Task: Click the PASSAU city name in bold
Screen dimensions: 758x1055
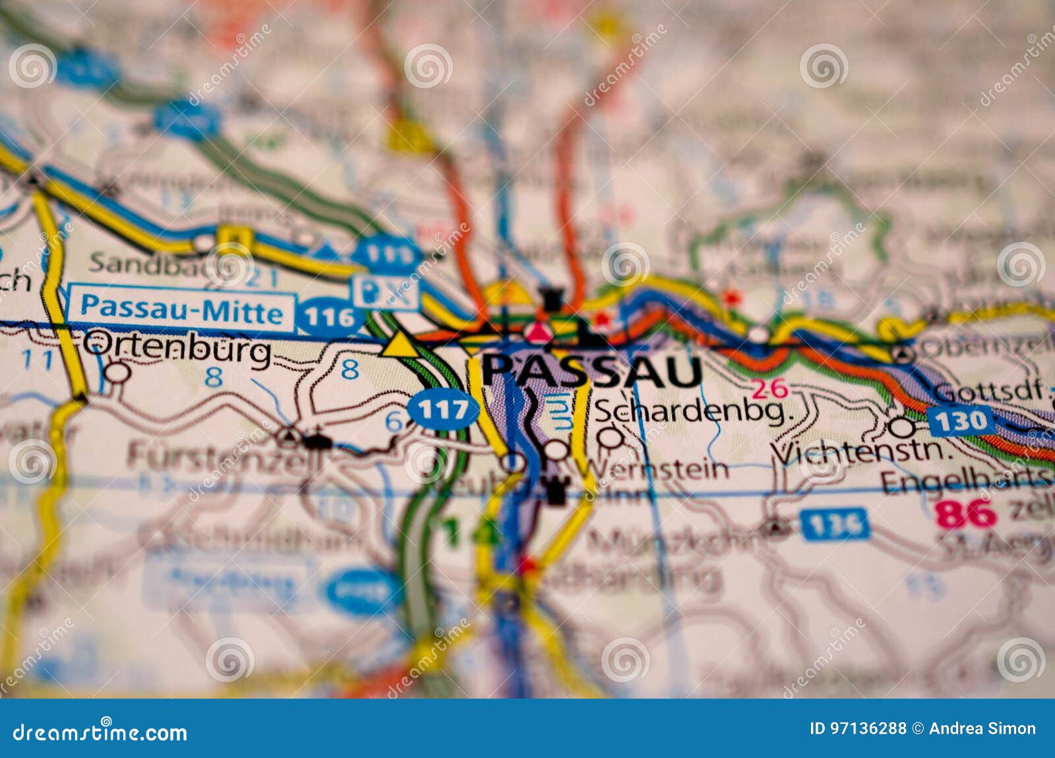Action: pyautogui.click(x=591, y=372)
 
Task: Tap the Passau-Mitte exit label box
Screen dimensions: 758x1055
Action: pyautogui.click(x=181, y=308)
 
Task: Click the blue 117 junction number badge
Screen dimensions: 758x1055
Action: pyautogui.click(x=442, y=411)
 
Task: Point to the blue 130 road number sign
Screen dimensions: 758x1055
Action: pyautogui.click(x=961, y=421)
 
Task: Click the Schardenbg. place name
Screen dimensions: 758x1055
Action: pyautogui.click(x=692, y=412)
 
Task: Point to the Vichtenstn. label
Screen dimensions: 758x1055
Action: pyautogui.click(x=862, y=453)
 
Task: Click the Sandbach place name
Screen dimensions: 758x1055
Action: pyautogui.click(x=148, y=262)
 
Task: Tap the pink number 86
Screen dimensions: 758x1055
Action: pyautogui.click(x=965, y=514)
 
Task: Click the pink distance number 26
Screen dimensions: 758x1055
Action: pyautogui.click(x=770, y=389)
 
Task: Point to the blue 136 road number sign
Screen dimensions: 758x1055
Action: pyautogui.click(x=835, y=525)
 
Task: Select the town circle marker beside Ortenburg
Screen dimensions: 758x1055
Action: pyautogui.click(x=117, y=372)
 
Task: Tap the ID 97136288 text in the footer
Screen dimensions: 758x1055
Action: pyautogui.click(x=857, y=728)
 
